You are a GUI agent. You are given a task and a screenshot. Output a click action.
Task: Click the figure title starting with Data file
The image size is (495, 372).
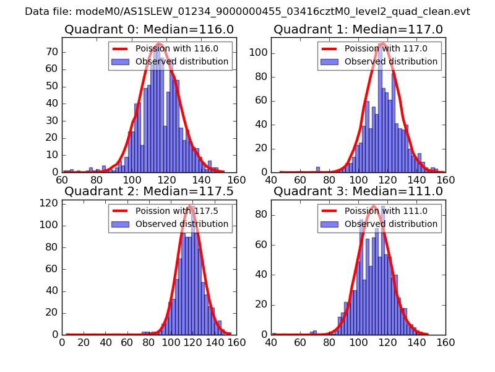[247, 11]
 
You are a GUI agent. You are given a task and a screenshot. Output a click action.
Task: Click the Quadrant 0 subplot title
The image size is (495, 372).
[148, 29]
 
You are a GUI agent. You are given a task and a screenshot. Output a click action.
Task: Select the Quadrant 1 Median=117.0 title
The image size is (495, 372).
[358, 29]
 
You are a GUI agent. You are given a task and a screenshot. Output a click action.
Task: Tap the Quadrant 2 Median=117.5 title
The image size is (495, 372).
[148, 191]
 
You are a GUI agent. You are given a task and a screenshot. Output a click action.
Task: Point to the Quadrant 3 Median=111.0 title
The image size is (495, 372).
[358, 191]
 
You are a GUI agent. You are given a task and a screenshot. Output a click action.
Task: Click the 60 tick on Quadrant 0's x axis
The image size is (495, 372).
[62, 180]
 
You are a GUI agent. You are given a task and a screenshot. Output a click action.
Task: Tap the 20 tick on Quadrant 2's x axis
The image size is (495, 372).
[84, 342]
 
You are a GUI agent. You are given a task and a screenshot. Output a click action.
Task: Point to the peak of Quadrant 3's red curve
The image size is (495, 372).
[374, 206]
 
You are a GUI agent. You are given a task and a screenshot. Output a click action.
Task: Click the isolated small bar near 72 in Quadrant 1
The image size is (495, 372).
[318, 169]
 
